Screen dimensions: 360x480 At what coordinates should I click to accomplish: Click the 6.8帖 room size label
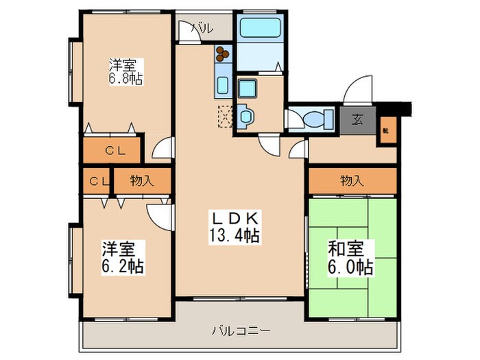coord(125,79)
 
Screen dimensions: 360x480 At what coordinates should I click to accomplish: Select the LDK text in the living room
coord(234,219)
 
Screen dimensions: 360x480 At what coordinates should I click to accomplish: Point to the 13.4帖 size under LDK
coord(234,236)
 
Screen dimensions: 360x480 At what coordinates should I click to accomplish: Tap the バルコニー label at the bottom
coord(240,331)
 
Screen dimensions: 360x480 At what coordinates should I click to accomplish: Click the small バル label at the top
coord(202,29)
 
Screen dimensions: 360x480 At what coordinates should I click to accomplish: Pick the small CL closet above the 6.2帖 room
coord(97,181)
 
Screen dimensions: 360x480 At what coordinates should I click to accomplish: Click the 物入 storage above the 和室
coord(352,181)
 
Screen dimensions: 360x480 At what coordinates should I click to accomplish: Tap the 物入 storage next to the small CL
coord(141,181)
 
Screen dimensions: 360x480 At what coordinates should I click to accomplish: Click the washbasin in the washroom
coord(245,115)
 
